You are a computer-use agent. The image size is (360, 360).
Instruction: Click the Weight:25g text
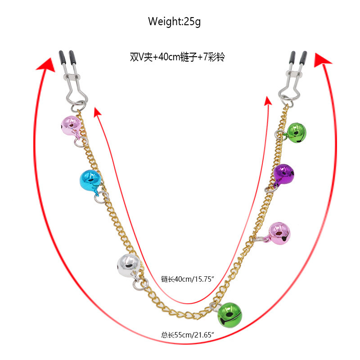tap(174, 21)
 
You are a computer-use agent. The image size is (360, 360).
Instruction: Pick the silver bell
tap(128, 265)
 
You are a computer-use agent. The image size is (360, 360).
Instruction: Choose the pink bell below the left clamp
tap(70, 126)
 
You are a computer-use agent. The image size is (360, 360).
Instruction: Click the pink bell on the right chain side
tap(279, 233)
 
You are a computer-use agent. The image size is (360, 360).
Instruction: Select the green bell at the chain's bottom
tap(230, 314)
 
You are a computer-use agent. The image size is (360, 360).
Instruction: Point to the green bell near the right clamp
tap(296, 132)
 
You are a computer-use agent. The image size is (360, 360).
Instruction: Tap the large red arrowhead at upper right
tap(322, 60)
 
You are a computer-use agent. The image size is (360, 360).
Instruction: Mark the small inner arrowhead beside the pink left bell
tap(97, 111)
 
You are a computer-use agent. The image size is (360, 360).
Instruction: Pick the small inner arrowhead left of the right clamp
tap(268, 100)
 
